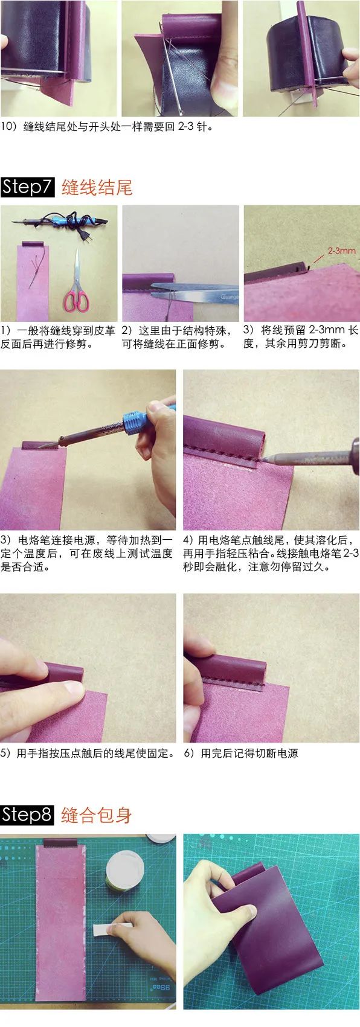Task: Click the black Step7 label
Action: click(28, 187)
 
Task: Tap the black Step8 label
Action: click(28, 814)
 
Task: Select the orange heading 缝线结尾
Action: click(97, 187)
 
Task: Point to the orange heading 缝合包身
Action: click(97, 815)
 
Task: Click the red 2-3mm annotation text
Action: click(342, 250)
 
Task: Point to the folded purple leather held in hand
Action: click(272, 930)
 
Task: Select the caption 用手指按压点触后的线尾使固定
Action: click(88, 753)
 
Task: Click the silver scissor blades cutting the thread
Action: click(193, 291)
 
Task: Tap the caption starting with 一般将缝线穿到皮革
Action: click(59, 338)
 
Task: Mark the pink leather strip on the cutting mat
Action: click(60, 930)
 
